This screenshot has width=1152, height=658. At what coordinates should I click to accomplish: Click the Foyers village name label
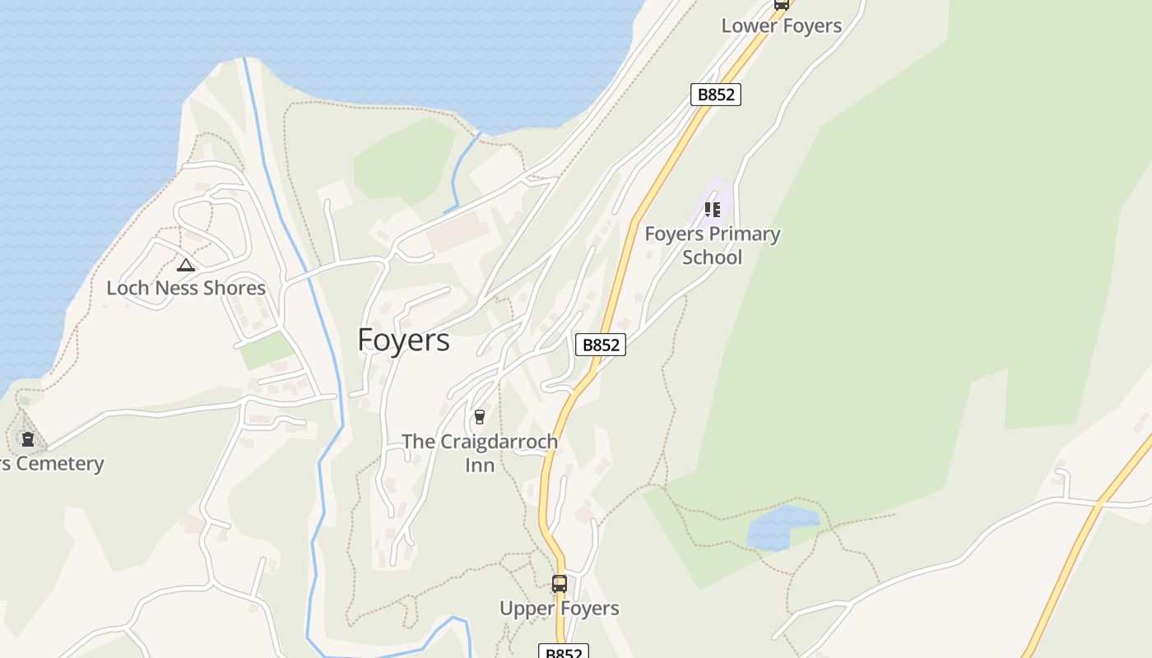coord(403,341)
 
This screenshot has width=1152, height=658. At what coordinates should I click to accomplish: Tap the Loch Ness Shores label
coord(186,288)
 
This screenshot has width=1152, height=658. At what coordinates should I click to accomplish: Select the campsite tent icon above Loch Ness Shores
coord(186,265)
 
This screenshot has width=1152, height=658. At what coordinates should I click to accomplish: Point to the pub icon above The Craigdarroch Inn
coord(480,417)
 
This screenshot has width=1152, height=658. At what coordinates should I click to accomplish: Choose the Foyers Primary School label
coord(713,245)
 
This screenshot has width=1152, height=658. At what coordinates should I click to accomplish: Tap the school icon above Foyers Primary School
coord(713,210)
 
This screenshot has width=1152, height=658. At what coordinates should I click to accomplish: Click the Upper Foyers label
coord(560,609)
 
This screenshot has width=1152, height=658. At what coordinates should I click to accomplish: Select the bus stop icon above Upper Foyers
coord(560,584)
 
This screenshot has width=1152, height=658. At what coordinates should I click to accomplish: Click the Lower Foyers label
coord(781,25)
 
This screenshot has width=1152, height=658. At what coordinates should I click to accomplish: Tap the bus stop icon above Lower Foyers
coord(781,4)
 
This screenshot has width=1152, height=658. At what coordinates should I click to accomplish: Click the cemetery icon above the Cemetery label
coord(28,439)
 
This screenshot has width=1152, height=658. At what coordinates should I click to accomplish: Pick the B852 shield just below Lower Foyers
coord(715,95)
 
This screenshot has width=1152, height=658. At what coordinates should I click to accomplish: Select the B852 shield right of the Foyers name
coord(601,345)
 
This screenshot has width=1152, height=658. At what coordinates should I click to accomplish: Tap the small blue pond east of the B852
coord(780,528)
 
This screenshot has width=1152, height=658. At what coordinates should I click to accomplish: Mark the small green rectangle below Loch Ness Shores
coord(266,351)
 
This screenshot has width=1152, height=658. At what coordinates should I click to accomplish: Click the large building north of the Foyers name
coord(458,233)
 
